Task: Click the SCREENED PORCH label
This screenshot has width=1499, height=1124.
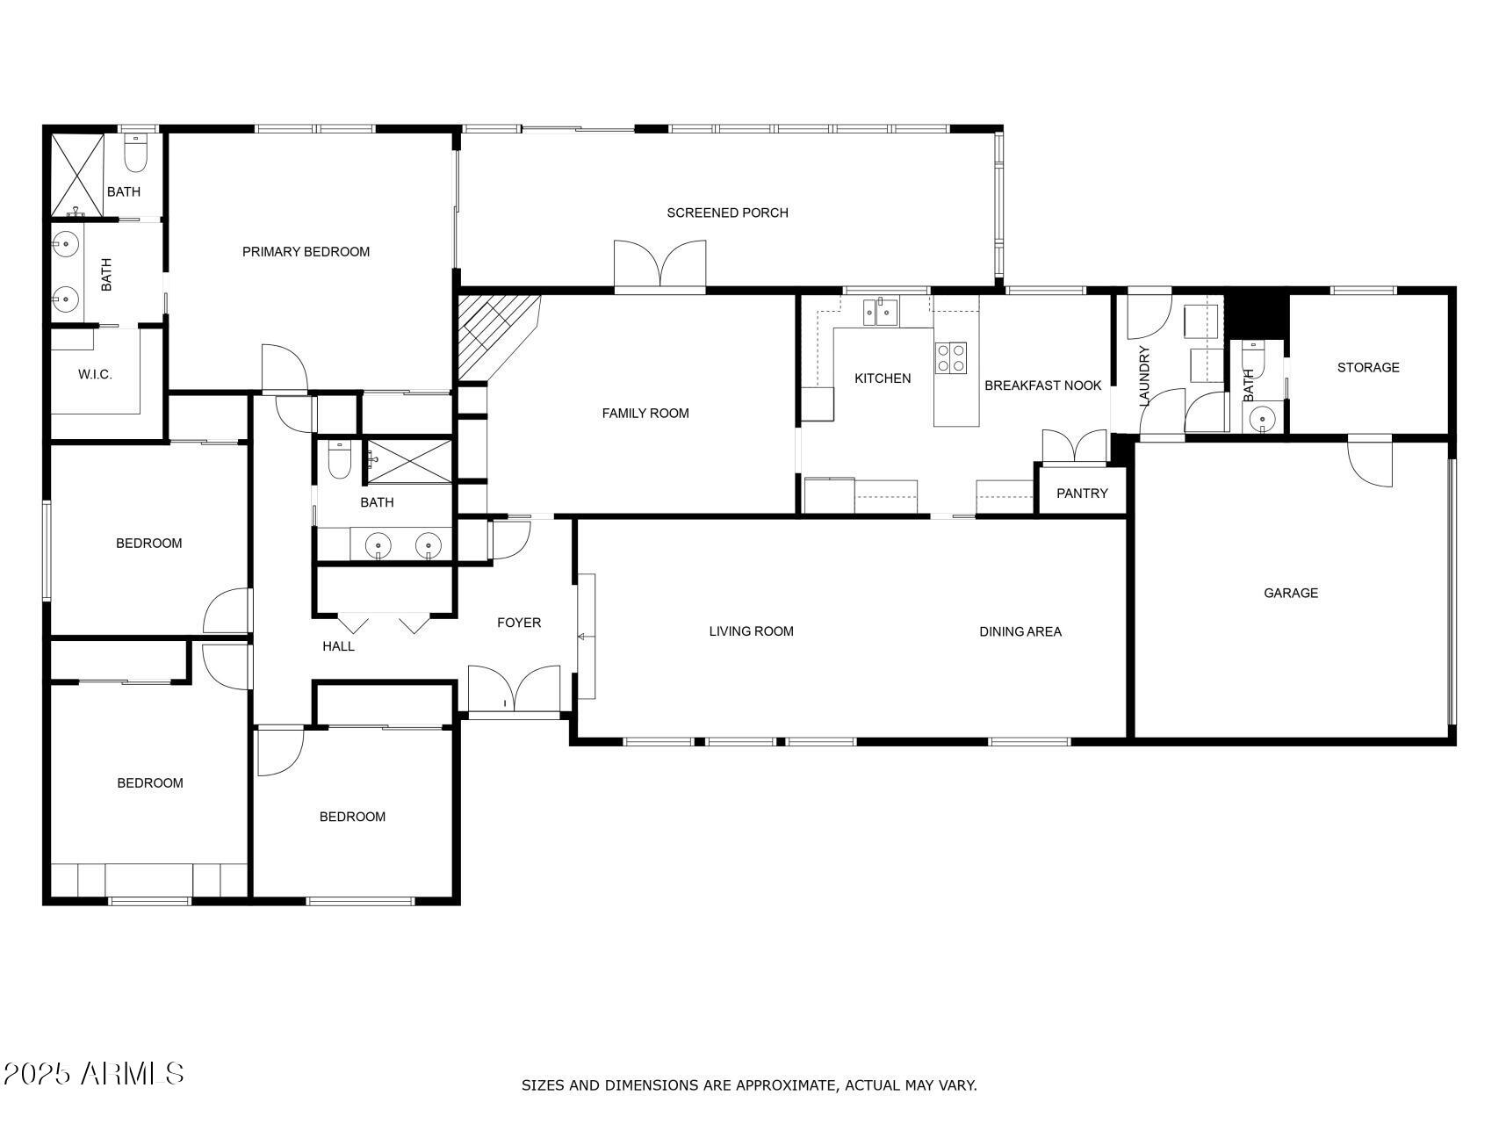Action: (727, 213)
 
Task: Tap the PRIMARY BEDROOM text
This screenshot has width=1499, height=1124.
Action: (306, 252)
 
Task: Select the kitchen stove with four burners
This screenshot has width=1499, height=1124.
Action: (951, 357)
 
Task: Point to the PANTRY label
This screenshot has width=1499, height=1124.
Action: (1082, 494)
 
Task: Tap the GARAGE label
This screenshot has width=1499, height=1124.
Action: (1290, 593)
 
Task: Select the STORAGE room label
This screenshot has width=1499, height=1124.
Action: (1367, 367)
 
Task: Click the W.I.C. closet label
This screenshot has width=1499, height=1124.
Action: (95, 374)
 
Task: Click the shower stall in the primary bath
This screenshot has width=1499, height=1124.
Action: (77, 174)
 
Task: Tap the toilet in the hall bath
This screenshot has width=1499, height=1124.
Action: (340, 460)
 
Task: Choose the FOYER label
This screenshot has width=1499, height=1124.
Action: (519, 623)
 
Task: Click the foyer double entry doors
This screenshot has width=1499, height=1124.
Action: (514, 690)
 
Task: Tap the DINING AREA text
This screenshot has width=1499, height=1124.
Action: (1020, 631)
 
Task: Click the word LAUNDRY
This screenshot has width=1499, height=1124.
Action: (1143, 376)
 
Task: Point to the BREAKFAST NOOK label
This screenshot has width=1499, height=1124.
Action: (1042, 385)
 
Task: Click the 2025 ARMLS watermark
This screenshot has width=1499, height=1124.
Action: (93, 1073)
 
